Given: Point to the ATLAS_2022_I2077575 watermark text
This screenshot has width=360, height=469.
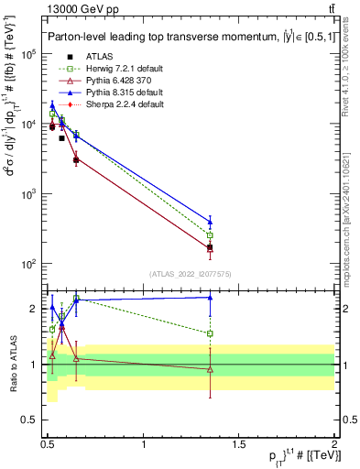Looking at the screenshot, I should click(x=191, y=273).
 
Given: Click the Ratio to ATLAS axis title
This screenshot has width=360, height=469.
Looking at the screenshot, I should click(x=13, y=364).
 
